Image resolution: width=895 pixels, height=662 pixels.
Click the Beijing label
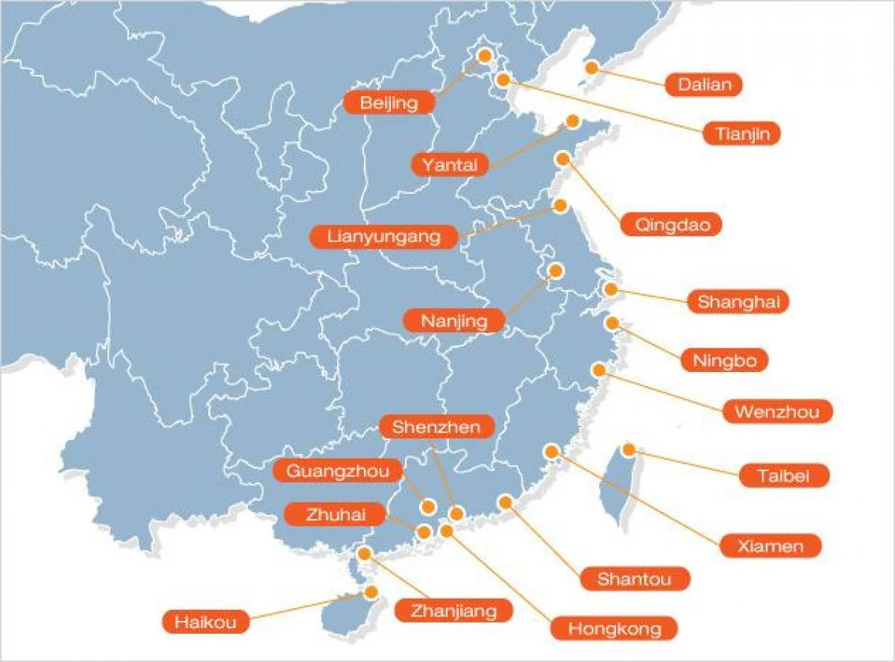(x=389, y=102)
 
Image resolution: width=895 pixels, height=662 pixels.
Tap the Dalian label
(x=705, y=84)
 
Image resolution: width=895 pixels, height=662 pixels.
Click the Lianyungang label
(x=383, y=237)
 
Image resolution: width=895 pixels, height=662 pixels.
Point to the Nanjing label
(x=453, y=321)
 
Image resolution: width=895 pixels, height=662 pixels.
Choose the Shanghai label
(x=738, y=301)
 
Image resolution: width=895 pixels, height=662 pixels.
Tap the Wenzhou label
(x=776, y=411)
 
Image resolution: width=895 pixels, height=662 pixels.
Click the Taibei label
(x=783, y=476)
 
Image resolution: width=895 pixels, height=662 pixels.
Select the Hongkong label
(x=615, y=628)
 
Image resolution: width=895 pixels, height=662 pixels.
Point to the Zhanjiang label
(x=453, y=611)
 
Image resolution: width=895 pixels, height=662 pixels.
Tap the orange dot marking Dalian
(x=591, y=68)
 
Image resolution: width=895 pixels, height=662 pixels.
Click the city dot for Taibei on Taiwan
(x=629, y=450)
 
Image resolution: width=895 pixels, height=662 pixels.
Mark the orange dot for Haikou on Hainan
(x=371, y=592)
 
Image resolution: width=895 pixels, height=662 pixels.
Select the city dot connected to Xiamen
(x=552, y=451)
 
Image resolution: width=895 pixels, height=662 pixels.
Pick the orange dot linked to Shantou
(x=506, y=502)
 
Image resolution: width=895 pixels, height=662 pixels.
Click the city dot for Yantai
(x=572, y=121)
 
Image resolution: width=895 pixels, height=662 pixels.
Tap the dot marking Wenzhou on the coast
(x=599, y=370)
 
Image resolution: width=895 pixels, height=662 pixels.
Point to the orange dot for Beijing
(x=485, y=55)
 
